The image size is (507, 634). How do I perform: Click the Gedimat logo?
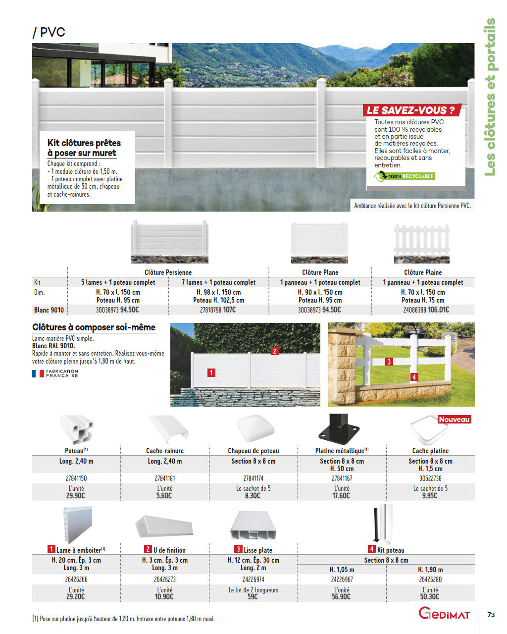(x=444, y=614)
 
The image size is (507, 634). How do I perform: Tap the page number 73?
(x=491, y=615)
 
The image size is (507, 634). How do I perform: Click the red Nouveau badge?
(x=454, y=420)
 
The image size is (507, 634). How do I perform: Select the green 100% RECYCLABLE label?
(x=405, y=176)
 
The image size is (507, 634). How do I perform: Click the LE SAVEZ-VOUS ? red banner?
(x=411, y=110)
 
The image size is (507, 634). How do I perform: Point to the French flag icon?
(x=38, y=373)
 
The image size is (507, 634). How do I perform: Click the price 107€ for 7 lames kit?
(x=229, y=310)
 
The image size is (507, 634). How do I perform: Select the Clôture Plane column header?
(x=320, y=272)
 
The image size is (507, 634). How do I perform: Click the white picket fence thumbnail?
(x=422, y=243)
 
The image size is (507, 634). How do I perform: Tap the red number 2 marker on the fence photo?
(x=275, y=351)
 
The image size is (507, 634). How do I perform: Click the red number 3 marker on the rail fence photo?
(x=389, y=362)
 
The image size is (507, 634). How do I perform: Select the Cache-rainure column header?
(x=165, y=451)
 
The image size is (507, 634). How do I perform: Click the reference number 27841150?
(x=76, y=478)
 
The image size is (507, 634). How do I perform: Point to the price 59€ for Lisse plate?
(x=253, y=597)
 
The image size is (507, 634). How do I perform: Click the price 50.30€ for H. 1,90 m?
(x=430, y=597)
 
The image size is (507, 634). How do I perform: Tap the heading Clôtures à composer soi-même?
(x=94, y=327)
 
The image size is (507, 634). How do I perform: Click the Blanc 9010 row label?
(x=49, y=310)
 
